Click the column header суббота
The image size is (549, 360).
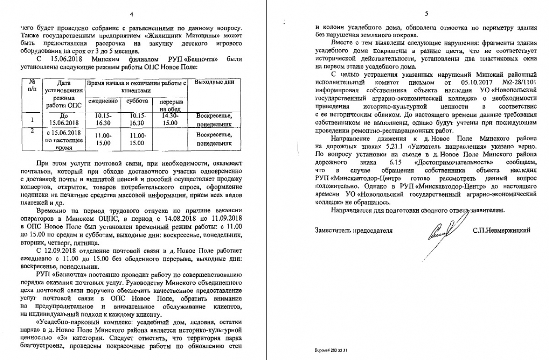coord(138,101)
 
